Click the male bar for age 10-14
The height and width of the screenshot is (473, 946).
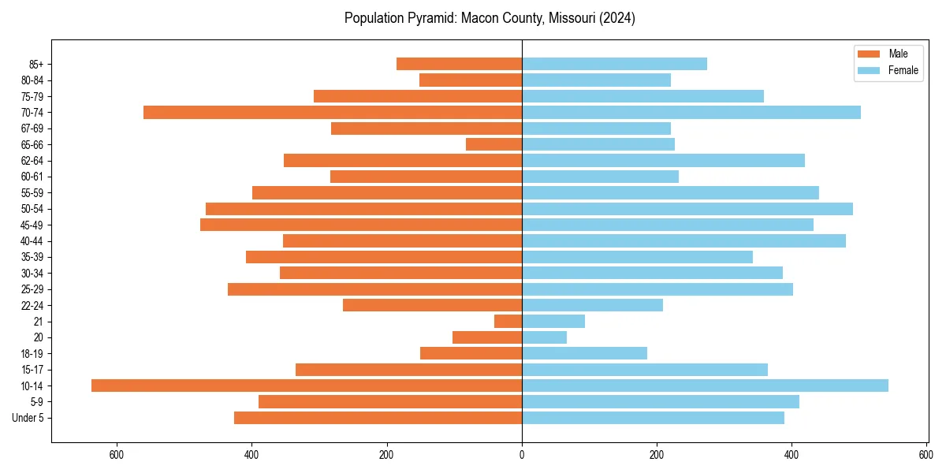(307, 385)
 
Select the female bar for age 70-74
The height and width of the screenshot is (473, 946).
(691, 112)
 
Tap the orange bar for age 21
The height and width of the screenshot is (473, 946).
(508, 321)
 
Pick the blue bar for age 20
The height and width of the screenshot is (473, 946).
(544, 337)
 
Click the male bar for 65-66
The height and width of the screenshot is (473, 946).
(493, 144)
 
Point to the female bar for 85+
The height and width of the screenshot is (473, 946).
(614, 64)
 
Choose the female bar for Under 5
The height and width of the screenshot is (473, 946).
(653, 418)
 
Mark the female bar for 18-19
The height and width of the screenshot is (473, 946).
(584, 353)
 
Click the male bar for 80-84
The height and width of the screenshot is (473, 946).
(471, 80)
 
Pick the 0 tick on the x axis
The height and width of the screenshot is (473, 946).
(522, 455)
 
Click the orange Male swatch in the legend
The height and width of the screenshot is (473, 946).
(868, 54)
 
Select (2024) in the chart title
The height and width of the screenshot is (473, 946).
(616, 18)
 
